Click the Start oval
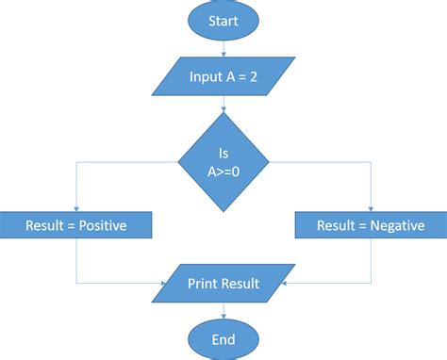pyautogui.click(x=223, y=21)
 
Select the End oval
pyautogui.click(x=223, y=338)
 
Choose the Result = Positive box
pyautogui.click(x=75, y=226)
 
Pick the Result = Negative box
pyautogui.click(x=371, y=226)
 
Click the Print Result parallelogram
pyautogui.click(x=223, y=283)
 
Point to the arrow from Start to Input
pyautogui.click(x=223, y=49)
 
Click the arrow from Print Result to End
pyautogui.click(x=223, y=310)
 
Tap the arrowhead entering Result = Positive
pyautogui.click(x=75, y=208)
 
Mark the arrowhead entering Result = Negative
pyautogui.click(x=371, y=208)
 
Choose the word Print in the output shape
pyautogui.click(x=205, y=283)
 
